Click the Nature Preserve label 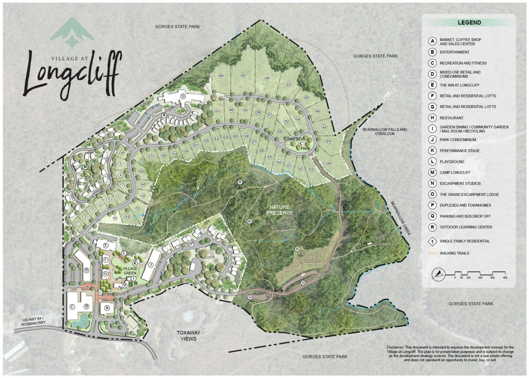pos(279,210)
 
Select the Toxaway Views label pos(188,336)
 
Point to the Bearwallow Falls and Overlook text pos(384,132)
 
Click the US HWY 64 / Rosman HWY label pos(33,322)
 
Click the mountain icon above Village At pos(72,33)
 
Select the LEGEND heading pos(469,23)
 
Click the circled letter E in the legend pos(432,85)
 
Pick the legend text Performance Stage pos(459,151)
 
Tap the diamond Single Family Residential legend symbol pos(432,241)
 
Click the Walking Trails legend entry pos(454,253)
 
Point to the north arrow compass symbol pos(438,274)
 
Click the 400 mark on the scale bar pos(505,277)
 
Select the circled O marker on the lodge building pos(183,96)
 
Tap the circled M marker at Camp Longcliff pos(85,167)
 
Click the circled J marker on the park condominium pos(151,265)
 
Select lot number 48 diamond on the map pos(267,78)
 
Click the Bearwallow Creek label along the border pos(400,218)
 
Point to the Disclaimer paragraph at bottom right pos(450,354)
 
